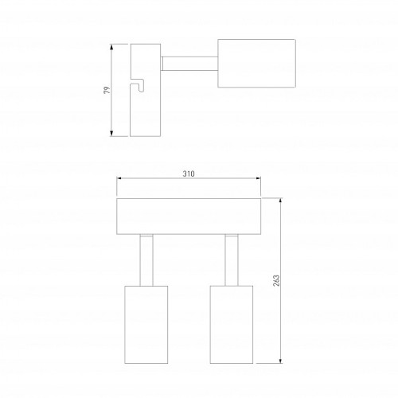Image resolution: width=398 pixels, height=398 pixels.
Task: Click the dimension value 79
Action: point(107,90)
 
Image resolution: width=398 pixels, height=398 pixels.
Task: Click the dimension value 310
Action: point(189,174)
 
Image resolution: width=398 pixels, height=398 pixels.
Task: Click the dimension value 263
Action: point(276,280)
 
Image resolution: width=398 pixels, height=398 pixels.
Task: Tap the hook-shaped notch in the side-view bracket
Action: point(138,85)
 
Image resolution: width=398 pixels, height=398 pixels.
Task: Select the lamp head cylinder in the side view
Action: point(256,63)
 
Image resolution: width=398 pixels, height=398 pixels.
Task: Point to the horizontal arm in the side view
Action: point(189,64)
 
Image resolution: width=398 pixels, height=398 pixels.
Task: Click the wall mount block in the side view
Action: point(146,90)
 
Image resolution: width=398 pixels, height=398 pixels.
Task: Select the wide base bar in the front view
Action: point(189,217)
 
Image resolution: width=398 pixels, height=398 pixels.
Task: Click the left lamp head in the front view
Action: point(146,325)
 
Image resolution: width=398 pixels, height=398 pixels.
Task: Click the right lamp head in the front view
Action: point(232,325)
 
